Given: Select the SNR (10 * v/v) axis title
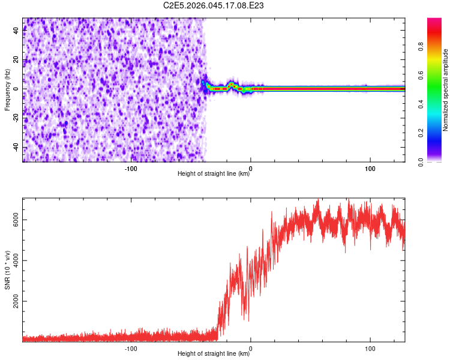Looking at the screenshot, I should click(x=8, y=269).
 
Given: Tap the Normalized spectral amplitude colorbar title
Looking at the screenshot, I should click(x=446, y=90).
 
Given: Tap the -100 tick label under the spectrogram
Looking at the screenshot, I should click(x=131, y=169).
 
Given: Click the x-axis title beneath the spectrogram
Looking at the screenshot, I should click(x=214, y=174).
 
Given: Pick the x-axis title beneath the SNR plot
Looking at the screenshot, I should click(x=214, y=354).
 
